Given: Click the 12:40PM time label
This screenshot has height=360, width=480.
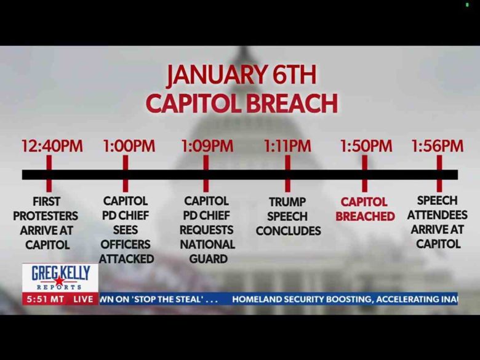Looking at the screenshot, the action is [x=52, y=146].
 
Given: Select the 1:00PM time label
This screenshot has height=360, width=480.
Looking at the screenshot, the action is [x=129, y=146].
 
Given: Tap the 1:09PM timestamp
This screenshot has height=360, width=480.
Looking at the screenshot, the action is [x=207, y=146].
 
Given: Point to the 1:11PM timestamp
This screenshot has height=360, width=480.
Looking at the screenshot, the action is [x=287, y=146].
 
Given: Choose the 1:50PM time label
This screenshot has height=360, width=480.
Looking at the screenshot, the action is [x=366, y=146].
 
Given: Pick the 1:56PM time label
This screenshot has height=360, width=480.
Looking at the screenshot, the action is [x=437, y=146].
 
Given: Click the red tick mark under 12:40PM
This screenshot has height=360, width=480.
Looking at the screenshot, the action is [x=49, y=174].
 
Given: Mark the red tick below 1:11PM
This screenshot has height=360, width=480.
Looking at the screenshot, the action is [x=287, y=174].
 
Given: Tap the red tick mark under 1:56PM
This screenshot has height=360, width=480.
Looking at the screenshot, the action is [x=439, y=174].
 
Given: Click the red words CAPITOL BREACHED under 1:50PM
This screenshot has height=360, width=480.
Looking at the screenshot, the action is [x=365, y=209].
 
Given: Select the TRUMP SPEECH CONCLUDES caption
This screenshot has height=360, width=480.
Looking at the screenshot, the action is [x=288, y=217].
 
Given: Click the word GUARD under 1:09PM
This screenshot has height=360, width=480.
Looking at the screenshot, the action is [x=208, y=259].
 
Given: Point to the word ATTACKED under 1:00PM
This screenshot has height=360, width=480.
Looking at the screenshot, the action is [x=126, y=259].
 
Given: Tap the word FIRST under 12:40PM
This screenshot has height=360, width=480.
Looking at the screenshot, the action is [x=47, y=202].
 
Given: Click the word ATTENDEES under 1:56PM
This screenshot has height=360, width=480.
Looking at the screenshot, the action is [x=437, y=215].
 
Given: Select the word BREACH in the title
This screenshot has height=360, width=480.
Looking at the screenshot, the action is [x=292, y=103].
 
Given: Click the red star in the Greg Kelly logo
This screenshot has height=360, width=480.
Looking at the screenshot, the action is [x=60, y=281].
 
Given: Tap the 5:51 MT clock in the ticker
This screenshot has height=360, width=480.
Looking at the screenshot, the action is [x=46, y=299].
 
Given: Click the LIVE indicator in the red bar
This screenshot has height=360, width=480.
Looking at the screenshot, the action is [x=83, y=299].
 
